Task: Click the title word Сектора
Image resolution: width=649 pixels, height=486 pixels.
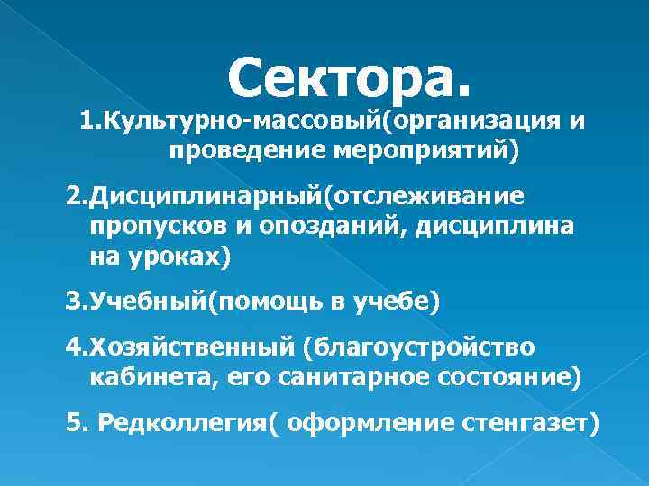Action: point(349,76)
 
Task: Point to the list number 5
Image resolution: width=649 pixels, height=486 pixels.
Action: point(73,423)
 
